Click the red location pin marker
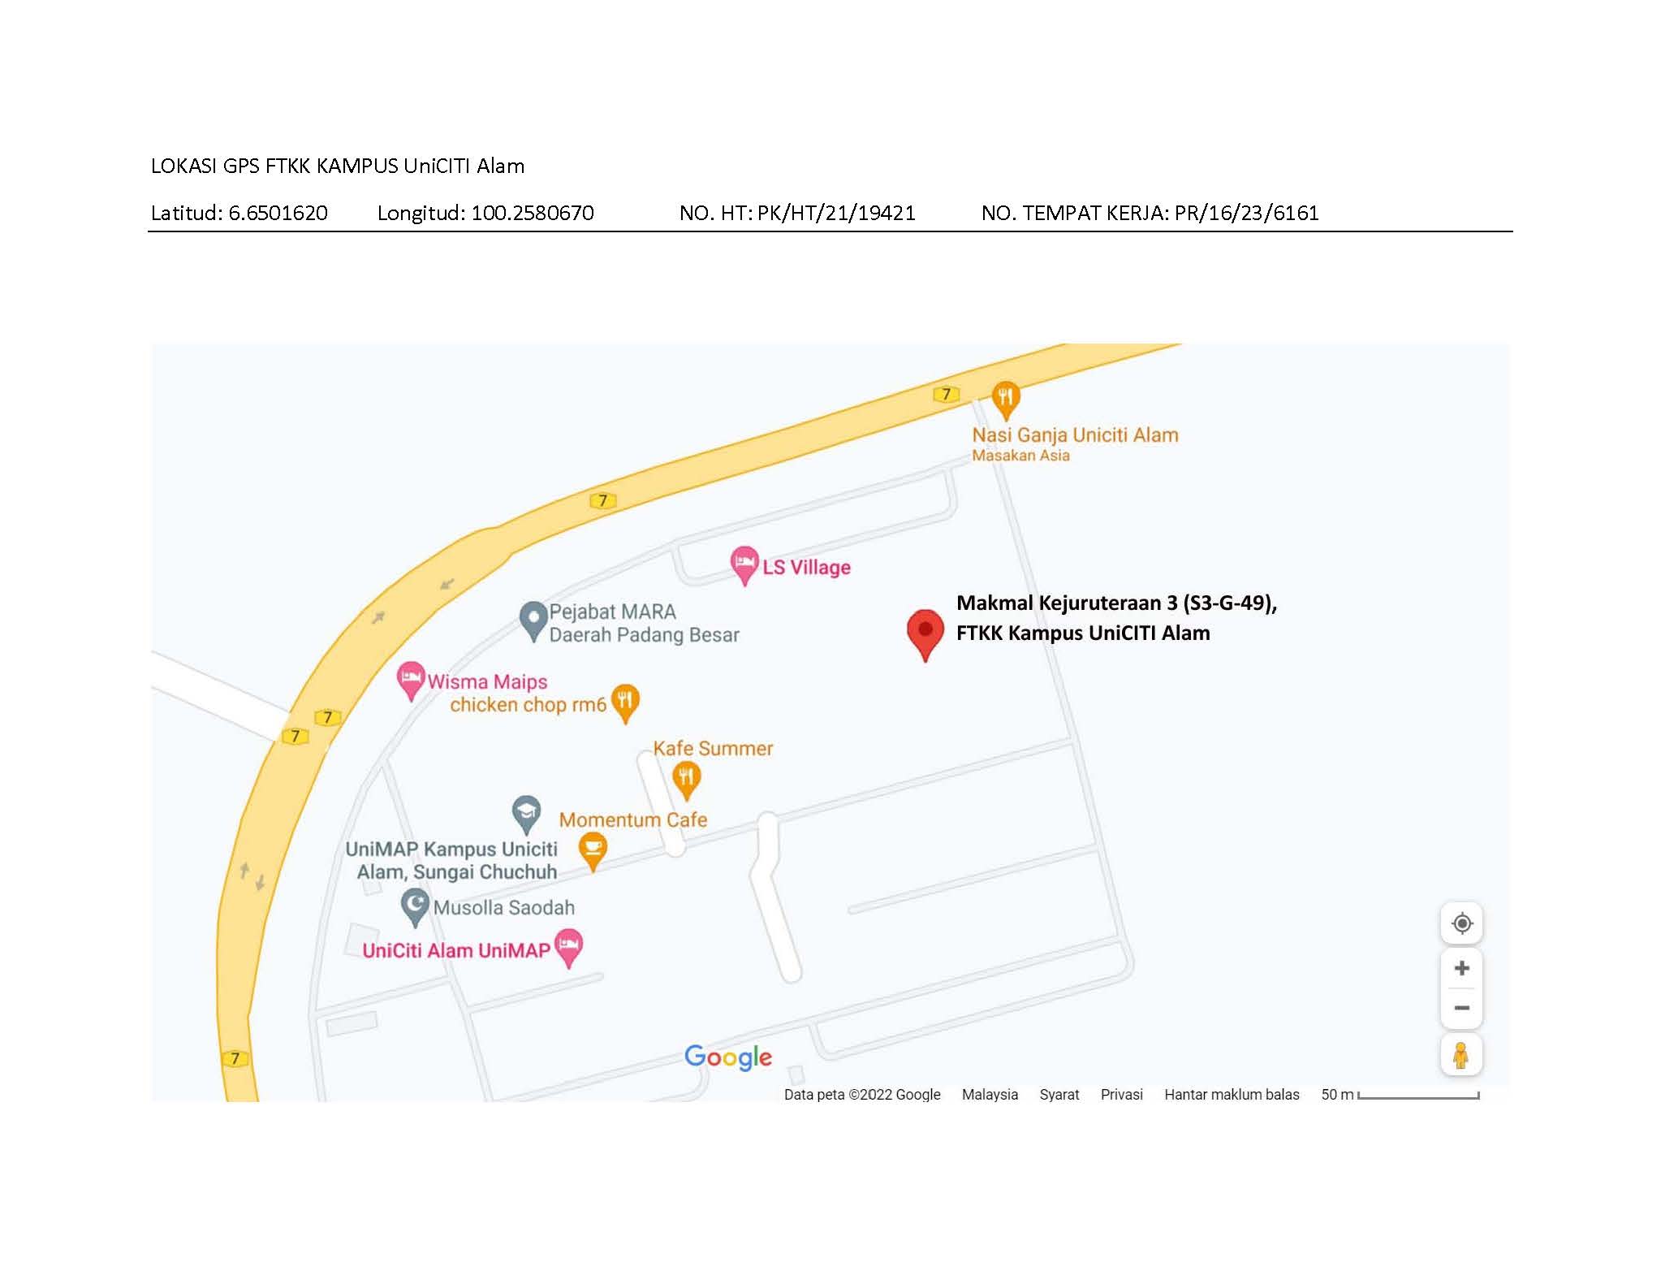(x=925, y=631)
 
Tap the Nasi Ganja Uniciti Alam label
(x=1075, y=435)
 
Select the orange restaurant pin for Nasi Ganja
(x=1006, y=398)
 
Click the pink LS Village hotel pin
(x=744, y=563)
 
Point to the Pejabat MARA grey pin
(x=533, y=619)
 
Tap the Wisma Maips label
(x=487, y=682)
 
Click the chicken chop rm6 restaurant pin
(x=624, y=701)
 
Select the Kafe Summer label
(x=713, y=748)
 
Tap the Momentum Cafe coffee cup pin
(x=593, y=850)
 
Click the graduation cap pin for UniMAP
(x=526, y=812)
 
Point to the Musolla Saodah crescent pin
(x=415, y=906)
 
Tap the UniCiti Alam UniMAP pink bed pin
(x=568, y=946)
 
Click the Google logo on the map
(x=727, y=1057)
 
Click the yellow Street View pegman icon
(x=1460, y=1055)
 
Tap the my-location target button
(x=1461, y=923)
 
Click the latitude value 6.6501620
(x=278, y=213)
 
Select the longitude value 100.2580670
(x=532, y=213)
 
